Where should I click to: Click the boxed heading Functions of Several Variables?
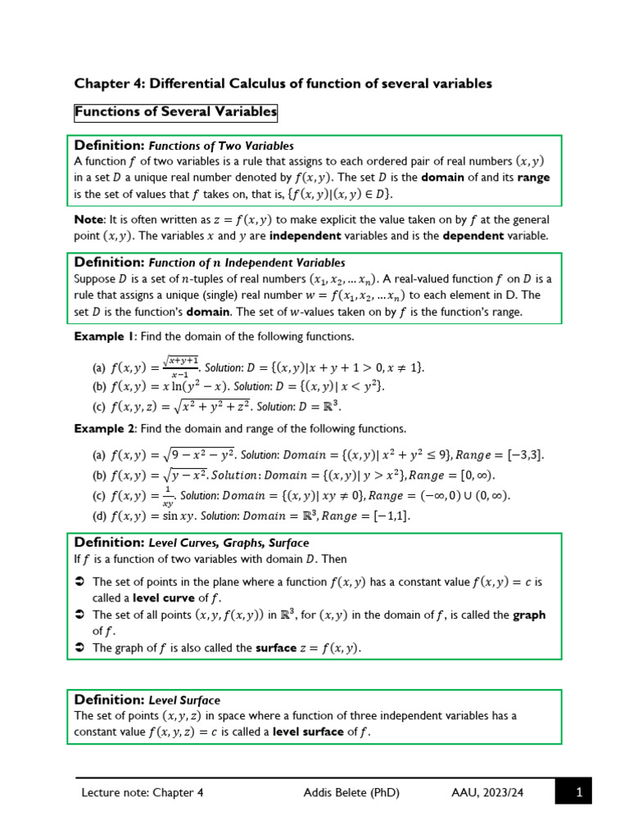(176, 111)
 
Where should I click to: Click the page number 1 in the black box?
(578, 792)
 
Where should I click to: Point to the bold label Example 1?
(104, 336)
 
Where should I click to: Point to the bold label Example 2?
(104, 429)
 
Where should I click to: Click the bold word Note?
(89, 219)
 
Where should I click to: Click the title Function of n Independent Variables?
(247, 264)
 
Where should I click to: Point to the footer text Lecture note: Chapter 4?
(143, 792)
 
